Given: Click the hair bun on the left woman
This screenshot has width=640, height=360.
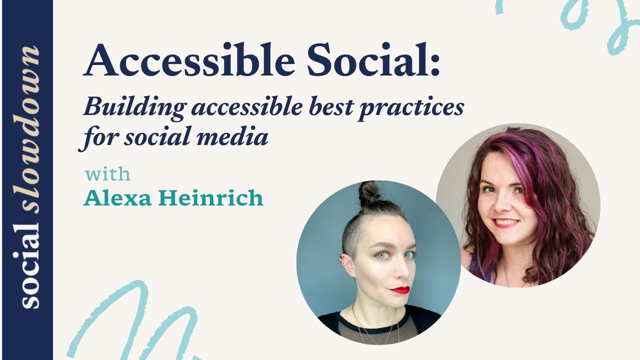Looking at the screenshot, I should click(x=369, y=192).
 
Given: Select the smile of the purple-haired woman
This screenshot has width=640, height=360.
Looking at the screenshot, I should click(x=506, y=222).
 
